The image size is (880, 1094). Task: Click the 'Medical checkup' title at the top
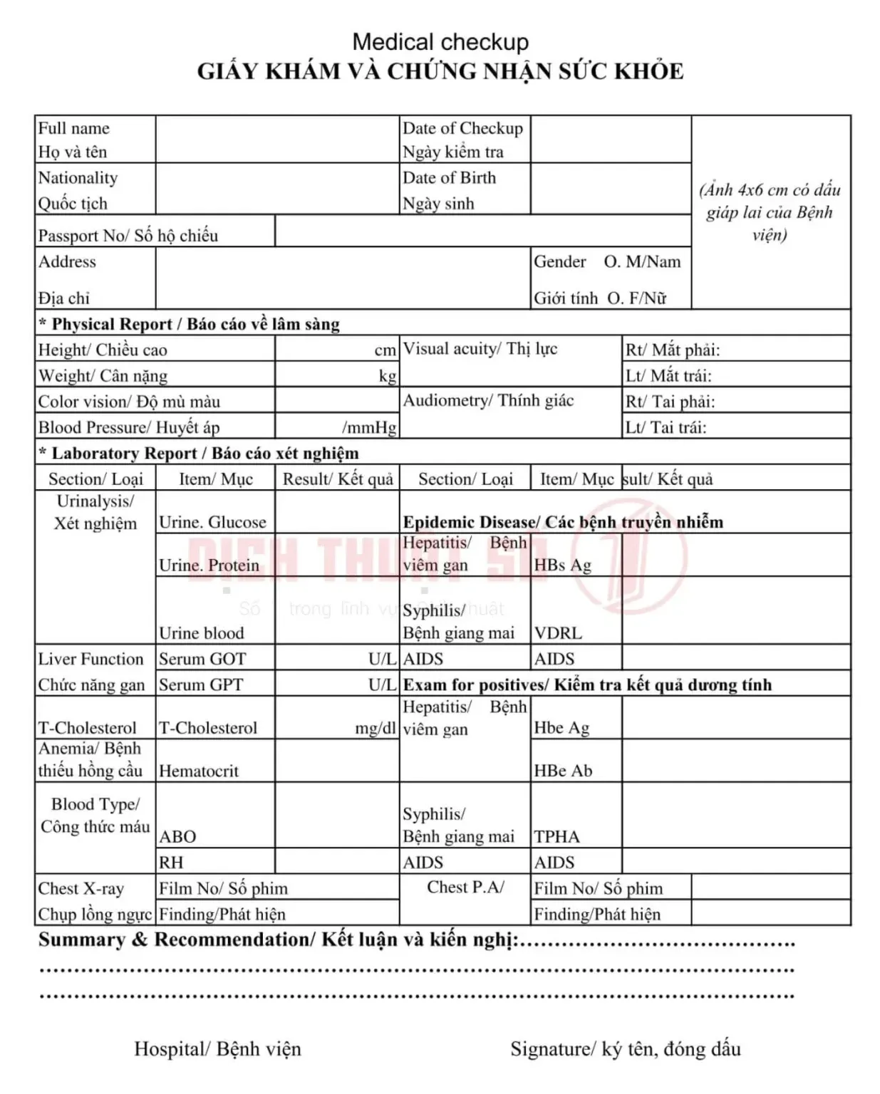[440, 42]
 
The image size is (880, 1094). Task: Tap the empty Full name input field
[277, 139]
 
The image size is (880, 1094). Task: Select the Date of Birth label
[449, 177]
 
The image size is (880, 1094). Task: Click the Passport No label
[128, 235]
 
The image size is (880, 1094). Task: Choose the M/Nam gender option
[642, 262]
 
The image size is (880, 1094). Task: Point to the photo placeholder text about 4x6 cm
[770, 212]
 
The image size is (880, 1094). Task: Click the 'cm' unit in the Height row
[385, 350]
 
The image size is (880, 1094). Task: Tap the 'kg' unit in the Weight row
[387, 376]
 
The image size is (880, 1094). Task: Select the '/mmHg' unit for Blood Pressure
[369, 427]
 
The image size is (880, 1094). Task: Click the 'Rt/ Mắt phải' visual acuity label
[673, 350]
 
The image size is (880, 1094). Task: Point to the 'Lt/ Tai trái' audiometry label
[666, 427]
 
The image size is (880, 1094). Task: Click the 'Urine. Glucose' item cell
[212, 522]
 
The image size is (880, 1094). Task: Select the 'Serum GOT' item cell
[202, 659]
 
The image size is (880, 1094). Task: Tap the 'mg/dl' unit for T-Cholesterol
[376, 728]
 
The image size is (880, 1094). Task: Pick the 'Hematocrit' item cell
[199, 771]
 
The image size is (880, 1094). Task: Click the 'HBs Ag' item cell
[562, 565]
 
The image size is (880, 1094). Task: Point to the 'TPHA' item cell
[557, 836]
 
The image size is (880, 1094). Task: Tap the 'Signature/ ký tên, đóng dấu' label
[625, 1048]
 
